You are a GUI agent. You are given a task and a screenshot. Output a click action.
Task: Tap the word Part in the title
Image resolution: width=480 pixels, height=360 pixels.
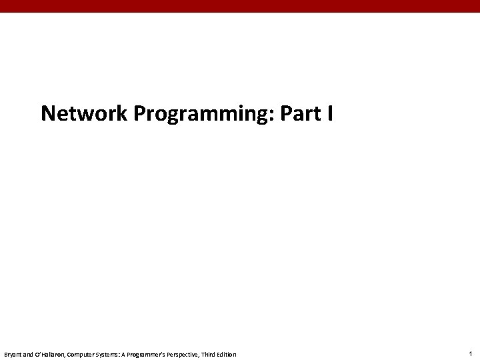(x=301, y=114)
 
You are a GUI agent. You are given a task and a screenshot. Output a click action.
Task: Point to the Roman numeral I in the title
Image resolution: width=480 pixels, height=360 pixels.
(x=330, y=114)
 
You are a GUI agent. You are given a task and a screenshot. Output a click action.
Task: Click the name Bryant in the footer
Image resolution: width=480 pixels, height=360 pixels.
(x=13, y=354)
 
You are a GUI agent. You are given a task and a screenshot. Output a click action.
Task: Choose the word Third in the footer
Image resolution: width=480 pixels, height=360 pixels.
(x=211, y=354)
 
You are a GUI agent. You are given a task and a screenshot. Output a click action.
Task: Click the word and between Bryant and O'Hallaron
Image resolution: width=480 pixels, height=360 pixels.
(x=29, y=354)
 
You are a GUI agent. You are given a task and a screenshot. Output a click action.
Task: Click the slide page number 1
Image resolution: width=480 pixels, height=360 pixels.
(x=470, y=353)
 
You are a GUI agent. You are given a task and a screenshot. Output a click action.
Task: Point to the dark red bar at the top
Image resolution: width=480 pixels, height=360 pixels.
(x=240, y=6)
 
